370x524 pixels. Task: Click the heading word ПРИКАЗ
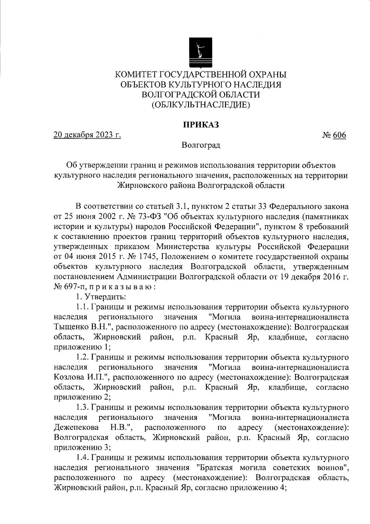tap(201, 125)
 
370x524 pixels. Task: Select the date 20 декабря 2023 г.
tap(87, 135)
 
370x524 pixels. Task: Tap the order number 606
tap(339, 135)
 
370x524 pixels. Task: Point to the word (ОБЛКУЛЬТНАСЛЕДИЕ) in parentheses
tap(201, 105)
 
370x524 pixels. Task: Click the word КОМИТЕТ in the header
tap(137, 74)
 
